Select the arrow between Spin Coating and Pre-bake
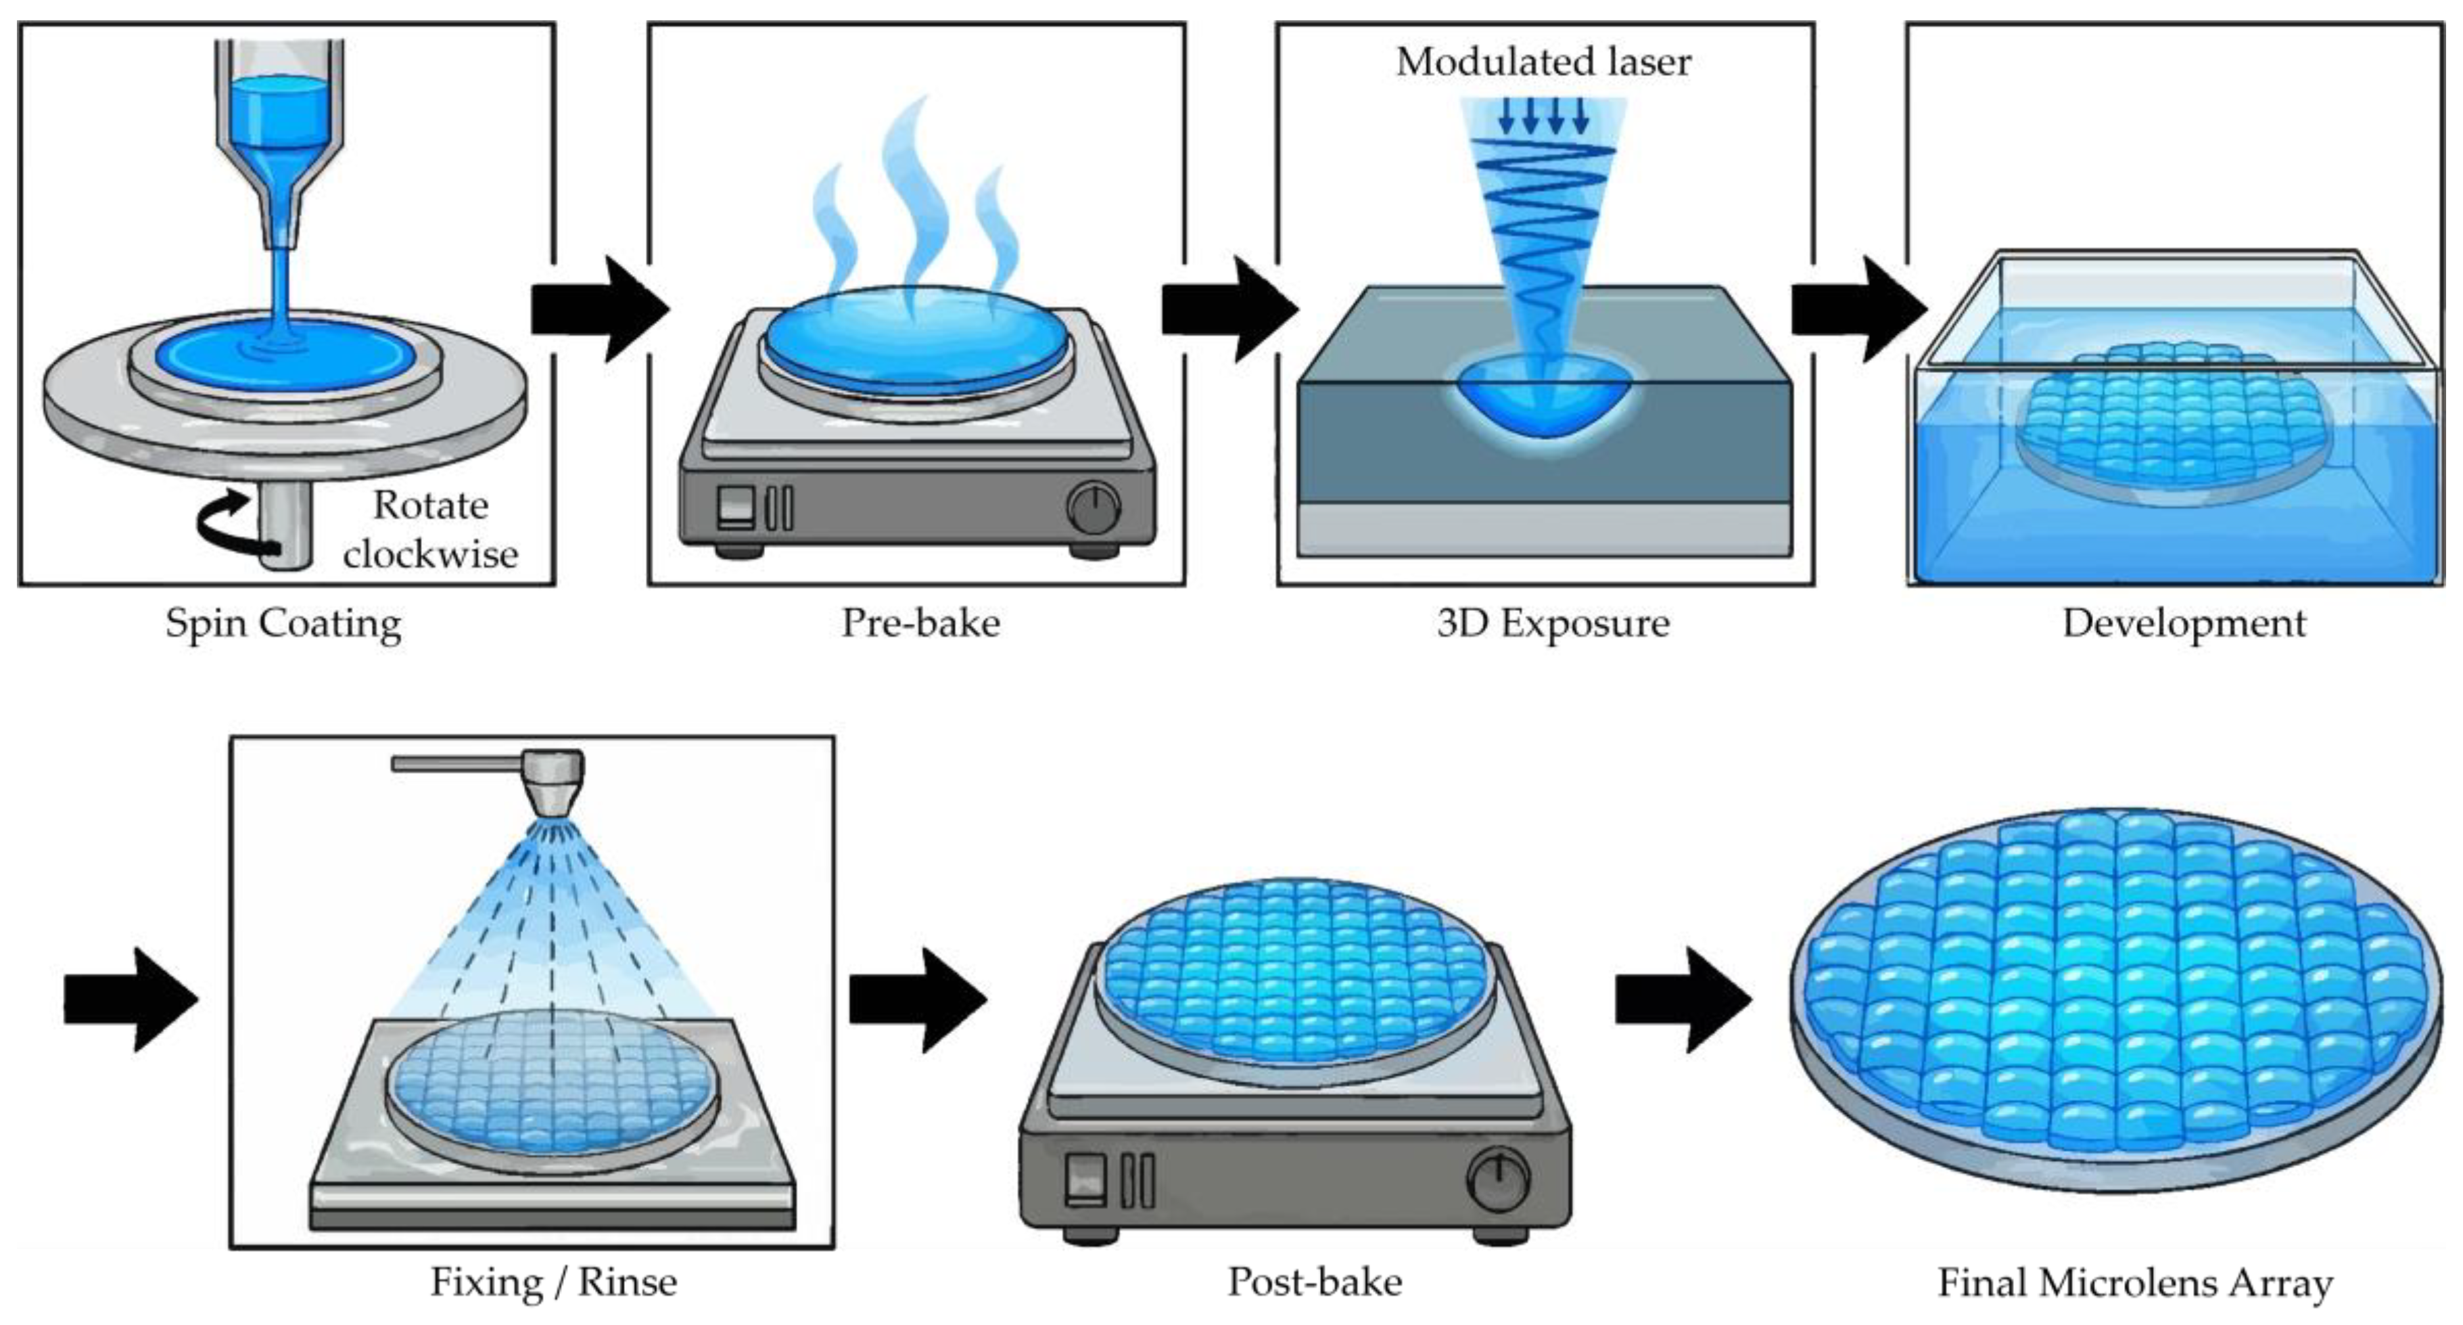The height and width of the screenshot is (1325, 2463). pos(599,309)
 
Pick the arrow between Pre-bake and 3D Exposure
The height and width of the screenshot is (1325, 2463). pos(1229,309)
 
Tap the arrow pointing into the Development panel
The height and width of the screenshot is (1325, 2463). pos(1858,309)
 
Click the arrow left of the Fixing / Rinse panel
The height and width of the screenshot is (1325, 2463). pos(131,1000)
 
